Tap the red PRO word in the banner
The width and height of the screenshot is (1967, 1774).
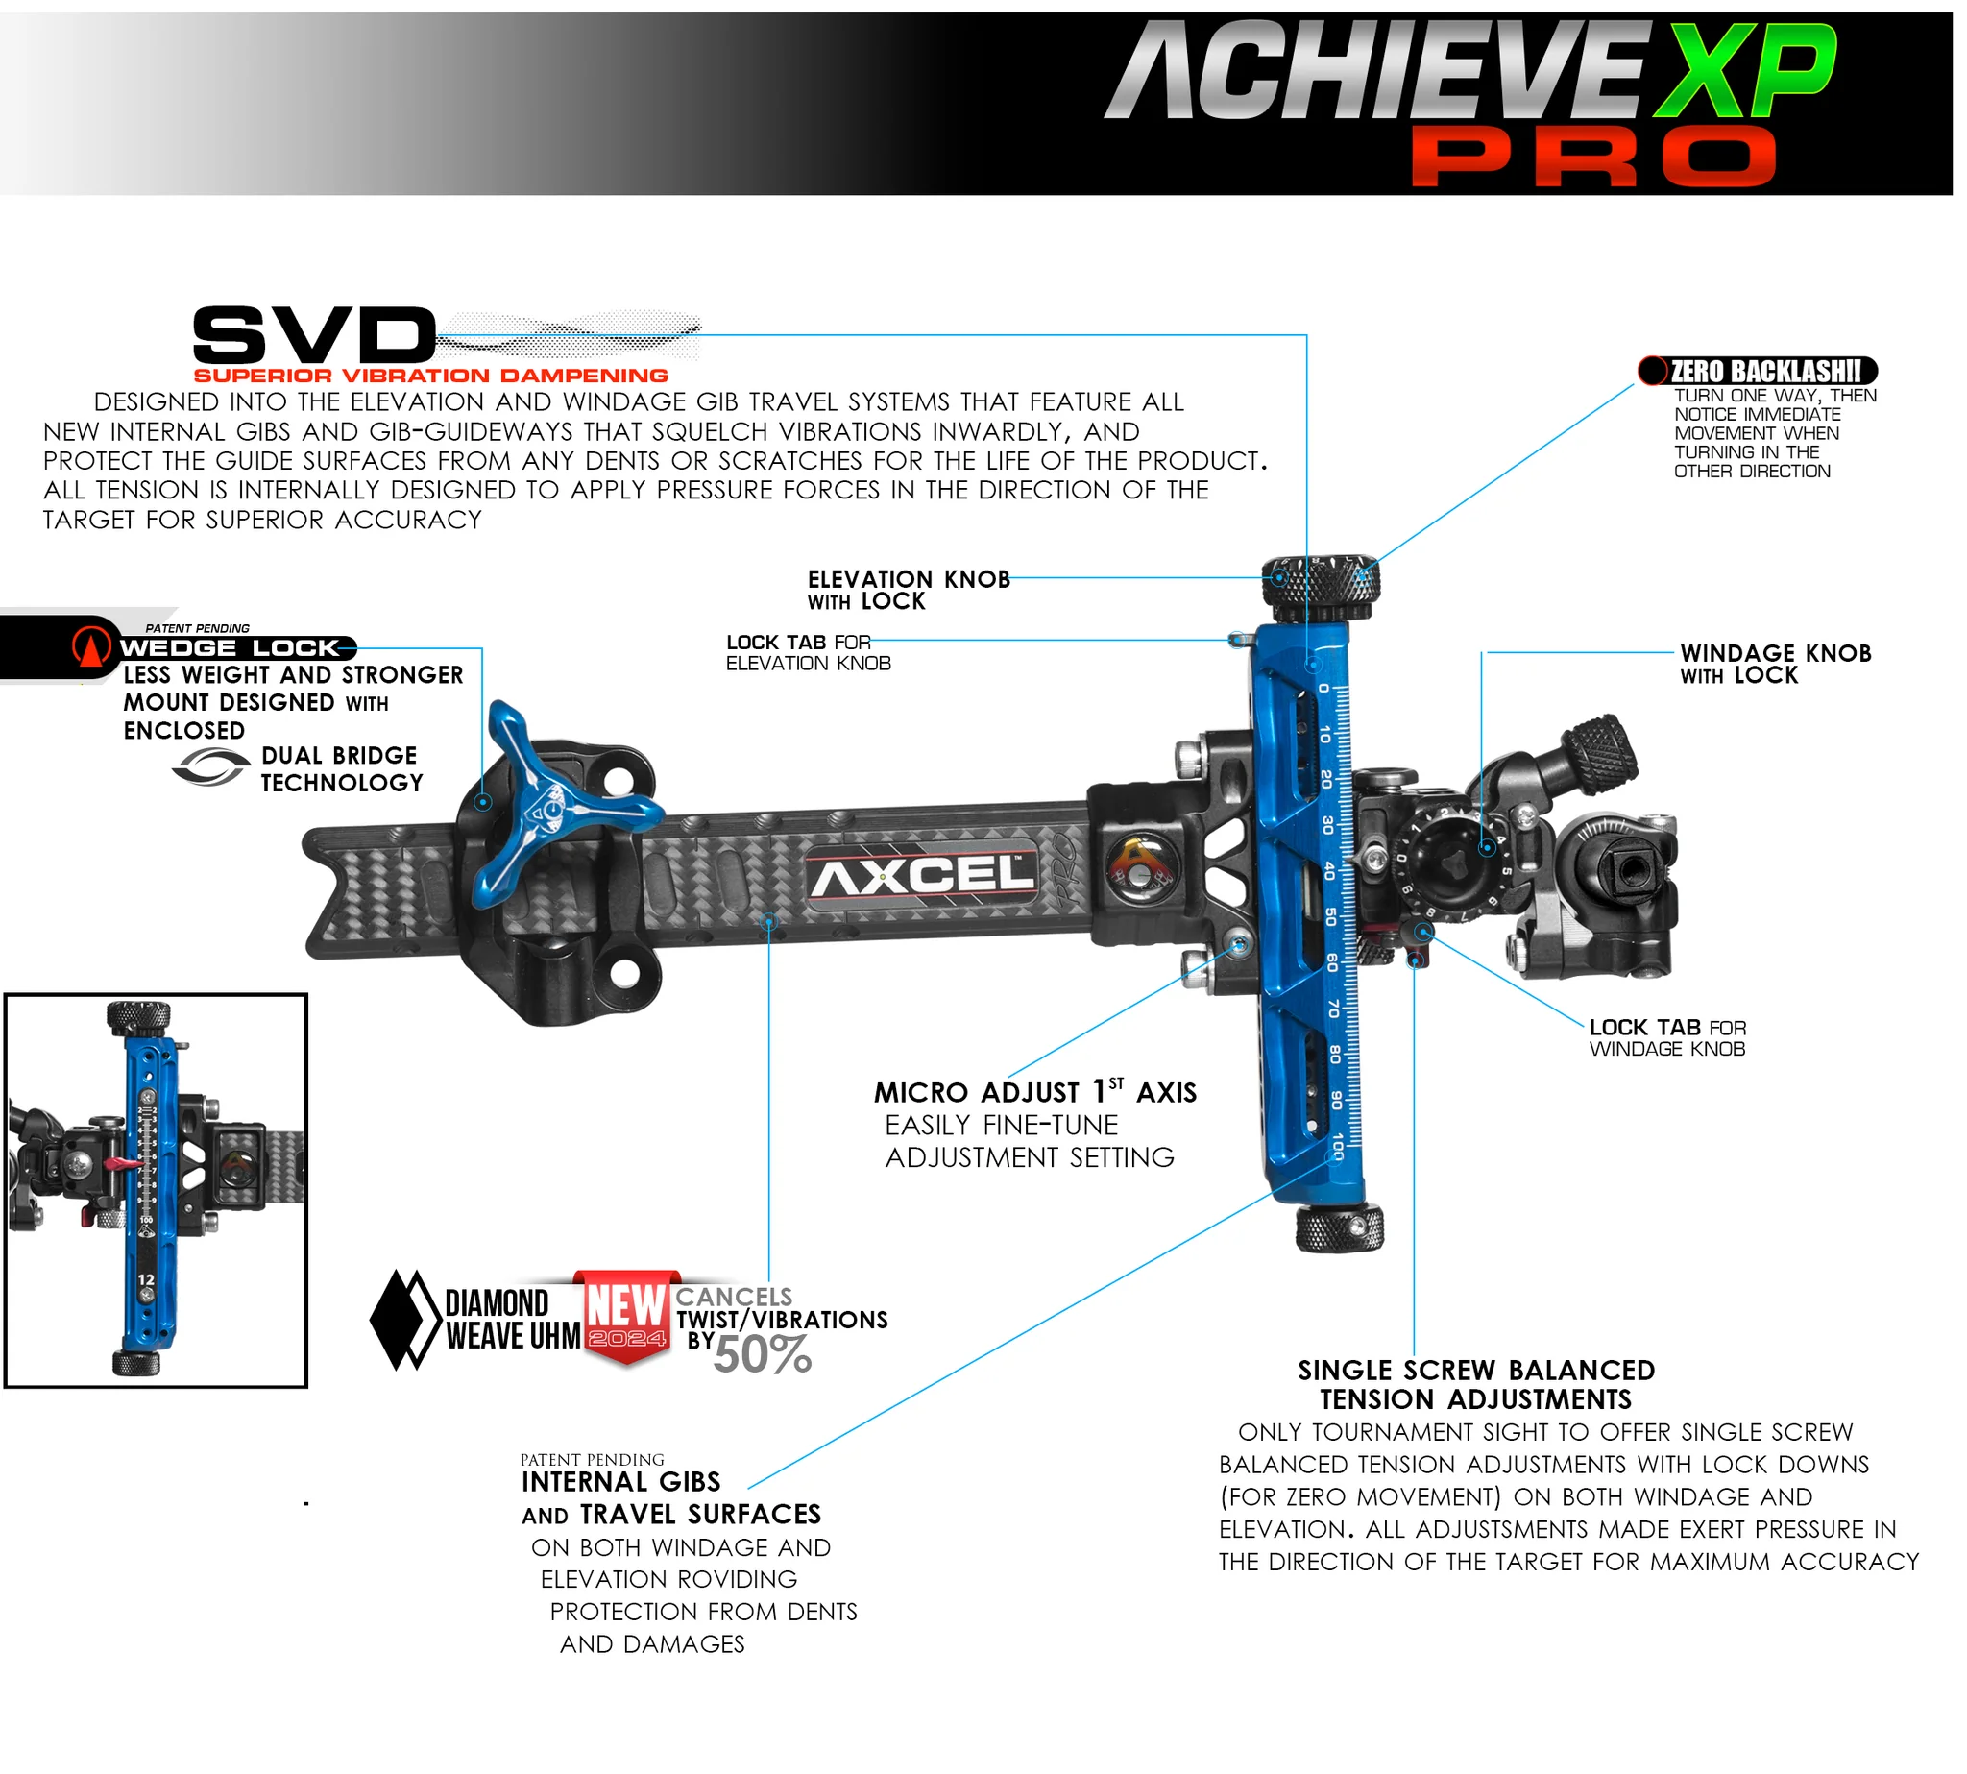[x=1592, y=156]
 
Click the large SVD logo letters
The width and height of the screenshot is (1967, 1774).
[x=314, y=334]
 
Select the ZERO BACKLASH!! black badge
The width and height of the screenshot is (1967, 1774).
[x=1758, y=371]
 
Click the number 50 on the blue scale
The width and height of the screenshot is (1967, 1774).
[x=1329, y=916]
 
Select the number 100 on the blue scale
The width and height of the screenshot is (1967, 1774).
[x=1337, y=1145]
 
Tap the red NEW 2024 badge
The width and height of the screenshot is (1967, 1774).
[x=626, y=1316]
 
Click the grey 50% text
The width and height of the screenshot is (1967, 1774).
[x=762, y=1355]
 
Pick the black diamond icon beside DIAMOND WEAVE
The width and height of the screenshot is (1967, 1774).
[x=405, y=1320]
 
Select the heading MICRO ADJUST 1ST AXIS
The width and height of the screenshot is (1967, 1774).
[x=1034, y=1092]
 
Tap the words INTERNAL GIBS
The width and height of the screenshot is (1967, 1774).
[x=620, y=1483]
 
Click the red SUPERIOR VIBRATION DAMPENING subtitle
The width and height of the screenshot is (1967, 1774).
[x=430, y=376]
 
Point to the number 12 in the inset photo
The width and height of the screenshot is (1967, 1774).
[x=146, y=1279]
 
